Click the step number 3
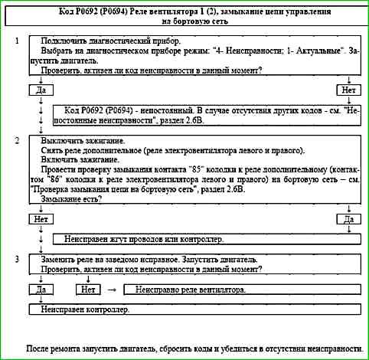click(17, 260)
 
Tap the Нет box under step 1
click(348, 90)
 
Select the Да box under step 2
click(348, 219)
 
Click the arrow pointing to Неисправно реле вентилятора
click(111, 290)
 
